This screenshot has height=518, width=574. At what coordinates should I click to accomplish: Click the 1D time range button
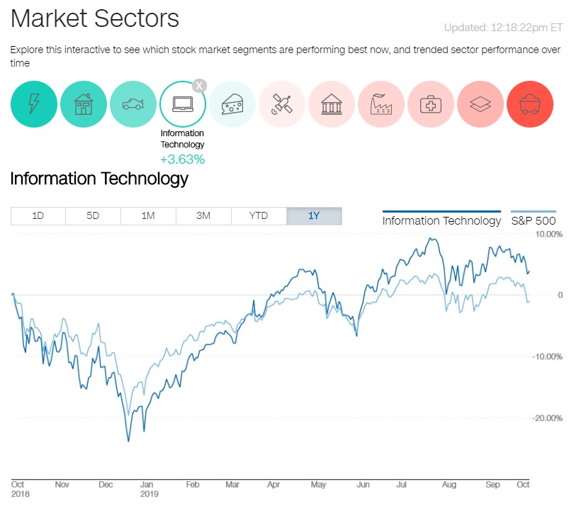pyautogui.click(x=38, y=216)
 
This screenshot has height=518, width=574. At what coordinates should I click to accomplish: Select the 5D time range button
pyautogui.click(x=93, y=216)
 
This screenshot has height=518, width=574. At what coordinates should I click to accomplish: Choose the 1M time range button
pyautogui.click(x=148, y=216)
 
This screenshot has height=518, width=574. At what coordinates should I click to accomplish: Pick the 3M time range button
pyautogui.click(x=203, y=216)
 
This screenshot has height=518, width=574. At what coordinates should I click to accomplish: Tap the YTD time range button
pyautogui.click(x=259, y=216)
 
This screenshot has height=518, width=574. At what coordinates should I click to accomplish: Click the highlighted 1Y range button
pyautogui.click(x=314, y=216)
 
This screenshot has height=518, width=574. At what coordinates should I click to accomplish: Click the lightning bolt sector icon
pyautogui.click(x=33, y=105)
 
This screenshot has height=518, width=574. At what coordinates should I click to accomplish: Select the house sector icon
pyautogui.click(x=84, y=105)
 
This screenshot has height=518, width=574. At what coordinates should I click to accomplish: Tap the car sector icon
pyautogui.click(x=133, y=105)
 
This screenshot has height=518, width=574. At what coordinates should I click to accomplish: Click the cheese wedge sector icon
pyautogui.click(x=232, y=105)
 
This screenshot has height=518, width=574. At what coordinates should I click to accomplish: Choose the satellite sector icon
pyautogui.click(x=282, y=105)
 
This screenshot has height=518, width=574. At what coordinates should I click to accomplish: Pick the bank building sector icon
pyautogui.click(x=332, y=105)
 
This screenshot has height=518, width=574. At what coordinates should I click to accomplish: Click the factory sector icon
pyautogui.click(x=381, y=105)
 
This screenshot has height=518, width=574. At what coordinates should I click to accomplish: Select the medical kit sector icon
pyautogui.click(x=431, y=105)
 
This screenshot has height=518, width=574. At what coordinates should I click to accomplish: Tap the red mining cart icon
pyautogui.click(x=530, y=105)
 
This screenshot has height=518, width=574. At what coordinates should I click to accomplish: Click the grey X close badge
pyautogui.click(x=200, y=86)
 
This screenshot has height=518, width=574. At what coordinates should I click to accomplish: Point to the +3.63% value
pyautogui.click(x=182, y=159)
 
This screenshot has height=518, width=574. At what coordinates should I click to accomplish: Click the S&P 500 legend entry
pyautogui.click(x=534, y=220)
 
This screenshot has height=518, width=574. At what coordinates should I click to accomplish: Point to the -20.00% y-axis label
pyautogui.click(x=548, y=418)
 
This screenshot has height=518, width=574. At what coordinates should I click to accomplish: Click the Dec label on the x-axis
pyautogui.click(x=106, y=485)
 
